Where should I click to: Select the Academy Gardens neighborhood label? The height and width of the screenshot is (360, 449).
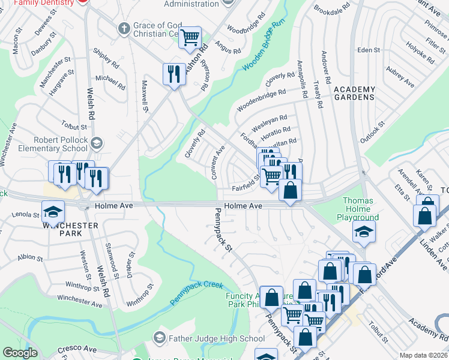pos(354,94)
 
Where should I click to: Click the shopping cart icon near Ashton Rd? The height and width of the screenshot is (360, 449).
pos(190,37)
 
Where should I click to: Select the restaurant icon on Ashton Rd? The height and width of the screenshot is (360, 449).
pos(174,74)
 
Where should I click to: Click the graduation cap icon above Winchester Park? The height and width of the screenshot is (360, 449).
pos(53,211)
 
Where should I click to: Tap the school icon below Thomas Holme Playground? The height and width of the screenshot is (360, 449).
pos(364,231)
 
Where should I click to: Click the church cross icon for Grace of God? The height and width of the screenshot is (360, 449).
pos(124,28)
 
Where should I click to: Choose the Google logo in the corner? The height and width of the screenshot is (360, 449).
pos(20,353)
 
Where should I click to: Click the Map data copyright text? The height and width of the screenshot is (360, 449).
pos(423,355)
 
